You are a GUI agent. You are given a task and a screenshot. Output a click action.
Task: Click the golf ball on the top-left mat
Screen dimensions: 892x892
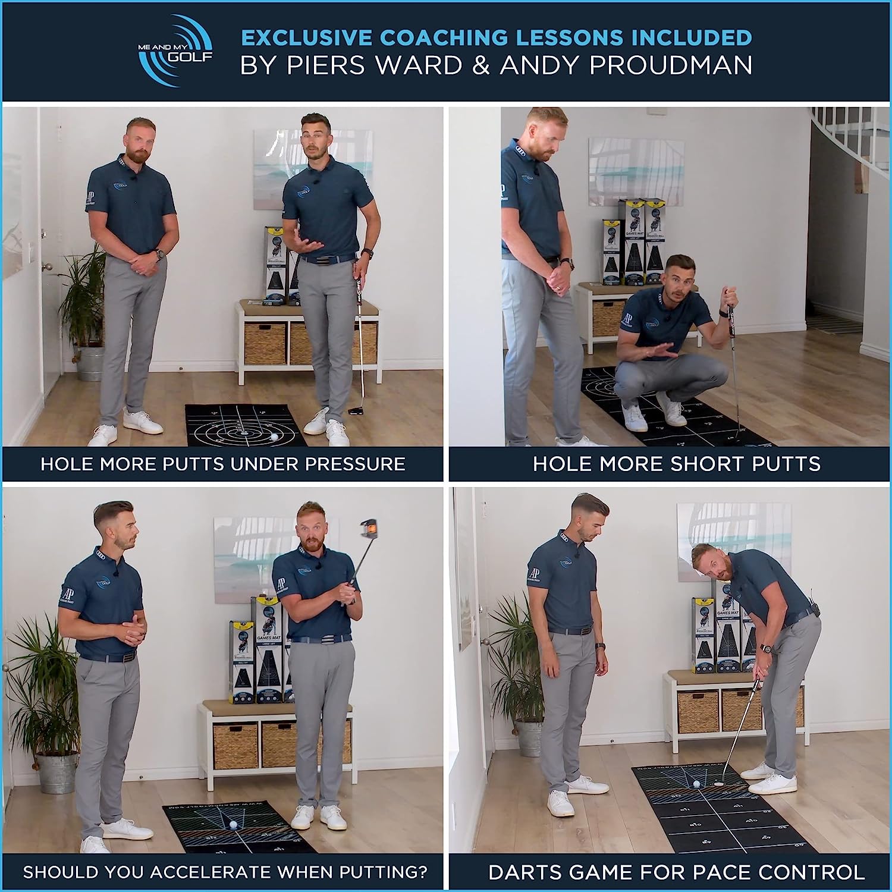pyautogui.click(x=274, y=436)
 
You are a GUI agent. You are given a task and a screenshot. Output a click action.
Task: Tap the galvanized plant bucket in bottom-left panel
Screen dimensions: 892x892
pyautogui.click(x=57, y=773)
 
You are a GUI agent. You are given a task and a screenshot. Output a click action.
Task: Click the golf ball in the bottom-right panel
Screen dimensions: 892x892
pyautogui.click(x=696, y=784)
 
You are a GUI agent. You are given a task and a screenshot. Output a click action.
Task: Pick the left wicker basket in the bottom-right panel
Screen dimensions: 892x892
pyautogui.click(x=698, y=712)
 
